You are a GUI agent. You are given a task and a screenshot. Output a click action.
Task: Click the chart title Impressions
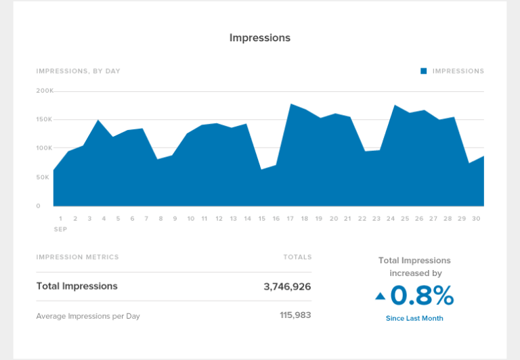260,38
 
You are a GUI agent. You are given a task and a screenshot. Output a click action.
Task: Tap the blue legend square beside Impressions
424,71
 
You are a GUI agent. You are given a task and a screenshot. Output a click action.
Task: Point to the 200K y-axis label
45,91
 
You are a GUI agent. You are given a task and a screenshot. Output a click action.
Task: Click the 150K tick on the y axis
44,119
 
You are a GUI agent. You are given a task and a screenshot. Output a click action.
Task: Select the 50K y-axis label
43,177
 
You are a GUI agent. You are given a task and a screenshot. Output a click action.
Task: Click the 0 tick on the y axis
39,206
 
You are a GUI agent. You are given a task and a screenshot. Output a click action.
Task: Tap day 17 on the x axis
290,219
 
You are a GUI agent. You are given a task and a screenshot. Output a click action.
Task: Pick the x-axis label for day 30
476,219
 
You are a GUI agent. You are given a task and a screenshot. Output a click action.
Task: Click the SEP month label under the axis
60,229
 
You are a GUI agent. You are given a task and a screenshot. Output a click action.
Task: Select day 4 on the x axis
104,219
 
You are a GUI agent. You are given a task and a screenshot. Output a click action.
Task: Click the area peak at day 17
290,105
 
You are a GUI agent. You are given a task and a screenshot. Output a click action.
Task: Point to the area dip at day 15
261,169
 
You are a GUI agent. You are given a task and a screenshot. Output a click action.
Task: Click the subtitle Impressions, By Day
79,71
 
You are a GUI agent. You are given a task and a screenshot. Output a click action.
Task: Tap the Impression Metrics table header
77,257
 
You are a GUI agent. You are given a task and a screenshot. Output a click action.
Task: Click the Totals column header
297,257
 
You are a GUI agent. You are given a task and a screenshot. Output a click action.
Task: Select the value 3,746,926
287,286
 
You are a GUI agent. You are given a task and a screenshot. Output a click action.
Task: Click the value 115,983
295,315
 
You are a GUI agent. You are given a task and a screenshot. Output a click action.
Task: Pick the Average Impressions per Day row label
88,316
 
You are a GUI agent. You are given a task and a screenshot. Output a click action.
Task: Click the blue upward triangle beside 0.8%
380,296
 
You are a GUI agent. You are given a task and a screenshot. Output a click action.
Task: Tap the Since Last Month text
414,318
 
